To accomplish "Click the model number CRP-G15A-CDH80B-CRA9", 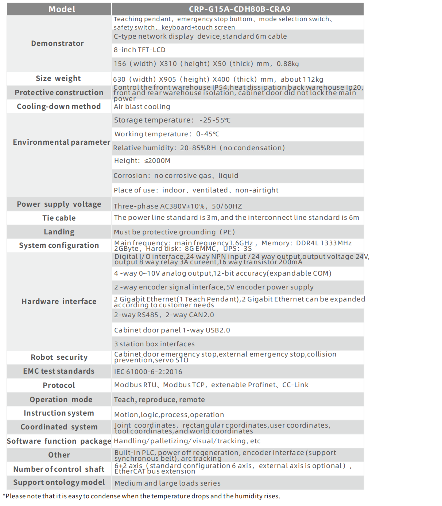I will point(239,9).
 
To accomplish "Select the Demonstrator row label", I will point(58,43).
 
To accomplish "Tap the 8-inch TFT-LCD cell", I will point(140,50).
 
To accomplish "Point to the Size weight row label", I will point(58,78).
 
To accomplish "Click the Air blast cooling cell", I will point(142,107).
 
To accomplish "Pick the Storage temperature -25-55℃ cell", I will point(172,120).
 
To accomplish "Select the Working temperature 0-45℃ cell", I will point(167,134).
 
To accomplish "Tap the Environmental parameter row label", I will point(61,142).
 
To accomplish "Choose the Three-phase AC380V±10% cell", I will point(178,206).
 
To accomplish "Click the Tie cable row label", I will point(59,218).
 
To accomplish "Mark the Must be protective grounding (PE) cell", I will point(174,232).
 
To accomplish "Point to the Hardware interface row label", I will point(59,301).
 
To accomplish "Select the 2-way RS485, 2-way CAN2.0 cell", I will point(164,315).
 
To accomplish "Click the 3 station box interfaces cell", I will point(154,344).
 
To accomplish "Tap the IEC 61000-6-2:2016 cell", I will point(148,372).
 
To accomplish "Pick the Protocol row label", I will point(59,385).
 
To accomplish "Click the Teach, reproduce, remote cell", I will point(159,400).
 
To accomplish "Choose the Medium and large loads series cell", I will point(167,483).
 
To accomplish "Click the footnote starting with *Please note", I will point(141,496).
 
